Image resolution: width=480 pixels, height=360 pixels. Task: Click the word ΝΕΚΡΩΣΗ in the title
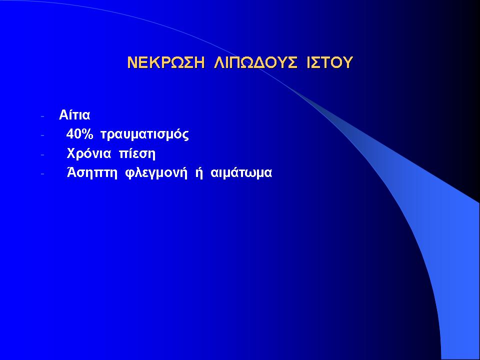[x=165, y=62]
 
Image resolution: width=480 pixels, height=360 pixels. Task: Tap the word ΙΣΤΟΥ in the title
[x=329, y=62]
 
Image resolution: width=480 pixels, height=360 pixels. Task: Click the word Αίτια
[x=74, y=115]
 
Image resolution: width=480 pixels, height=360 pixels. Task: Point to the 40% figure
[x=79, y=134]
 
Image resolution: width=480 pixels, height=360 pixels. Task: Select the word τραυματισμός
[x=144, y=135]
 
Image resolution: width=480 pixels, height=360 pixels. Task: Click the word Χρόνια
[x=89, y=153]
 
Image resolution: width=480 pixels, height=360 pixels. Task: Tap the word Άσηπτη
[x=92, y=173]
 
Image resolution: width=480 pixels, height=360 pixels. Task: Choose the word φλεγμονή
[x=156, y=173]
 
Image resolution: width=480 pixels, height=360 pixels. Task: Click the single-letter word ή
[x=199, y=173]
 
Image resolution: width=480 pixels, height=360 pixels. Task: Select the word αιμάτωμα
[x=241, y=172]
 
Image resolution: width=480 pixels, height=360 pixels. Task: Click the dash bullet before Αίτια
[x=42, y=116]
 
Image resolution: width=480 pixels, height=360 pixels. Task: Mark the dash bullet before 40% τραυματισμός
[x=42, y=135]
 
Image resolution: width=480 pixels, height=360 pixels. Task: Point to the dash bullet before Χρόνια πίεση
[x=42, y=154]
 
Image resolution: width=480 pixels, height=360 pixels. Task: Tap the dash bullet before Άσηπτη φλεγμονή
[x=42, y=174]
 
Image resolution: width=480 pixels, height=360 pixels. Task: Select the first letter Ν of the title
[x=132, y=62]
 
